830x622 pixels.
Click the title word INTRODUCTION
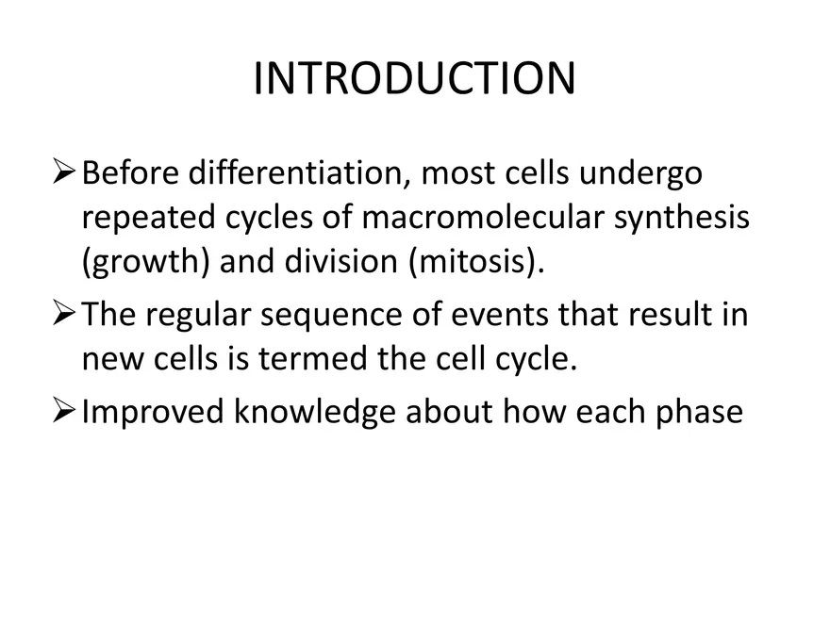[414, 79]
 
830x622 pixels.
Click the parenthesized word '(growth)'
[145, 263]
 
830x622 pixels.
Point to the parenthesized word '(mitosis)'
[476, 263]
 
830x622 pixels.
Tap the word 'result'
[672, 314]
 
